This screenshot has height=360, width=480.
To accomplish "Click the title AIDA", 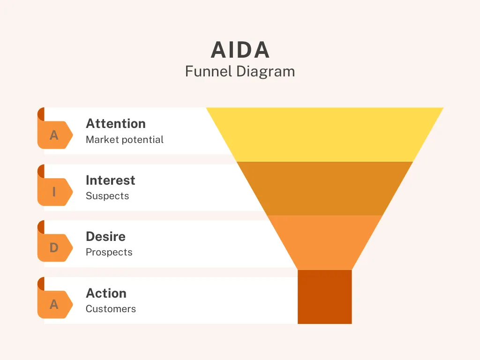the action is point(240,50).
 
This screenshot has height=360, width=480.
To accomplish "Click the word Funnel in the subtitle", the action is point(209,71).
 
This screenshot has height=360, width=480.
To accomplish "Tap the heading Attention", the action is point(116,124).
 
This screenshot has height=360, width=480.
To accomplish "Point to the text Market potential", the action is point(125,140).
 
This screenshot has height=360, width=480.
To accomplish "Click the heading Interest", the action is point(111,180).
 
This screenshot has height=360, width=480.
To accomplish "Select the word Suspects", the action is point(107,196).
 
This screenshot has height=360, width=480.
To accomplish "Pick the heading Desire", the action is point(105,237).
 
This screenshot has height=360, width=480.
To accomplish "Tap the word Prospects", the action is point(109,252).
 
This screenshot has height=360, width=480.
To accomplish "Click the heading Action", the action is point(106,293).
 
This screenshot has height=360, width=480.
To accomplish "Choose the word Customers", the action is point(111,309).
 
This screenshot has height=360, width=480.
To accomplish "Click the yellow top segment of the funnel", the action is point(325,135).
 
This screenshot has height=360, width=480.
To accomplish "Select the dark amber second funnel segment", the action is point(325,188).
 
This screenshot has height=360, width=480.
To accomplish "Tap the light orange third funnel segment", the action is point(325,242).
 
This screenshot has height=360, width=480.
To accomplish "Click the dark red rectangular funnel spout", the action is point(325,297).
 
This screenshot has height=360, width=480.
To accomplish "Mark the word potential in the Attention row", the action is point(142,140).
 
